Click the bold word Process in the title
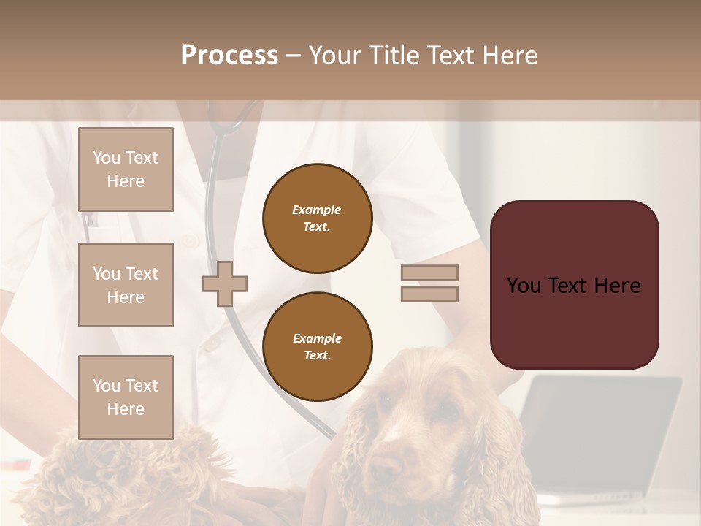(x=229, y=56)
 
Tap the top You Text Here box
(x=126, y=169)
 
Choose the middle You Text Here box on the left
(x=126, y=285)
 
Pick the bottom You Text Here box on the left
(x=126, y=397)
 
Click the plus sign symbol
(x=225, y=283)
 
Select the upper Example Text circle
(x=317, y=218)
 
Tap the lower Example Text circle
(x=317, y=347)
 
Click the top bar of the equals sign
(x=429, y=272)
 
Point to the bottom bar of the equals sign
(x=429, y=294)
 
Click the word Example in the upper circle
(x=317, y=210)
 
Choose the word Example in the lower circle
(x=317, y=338)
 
